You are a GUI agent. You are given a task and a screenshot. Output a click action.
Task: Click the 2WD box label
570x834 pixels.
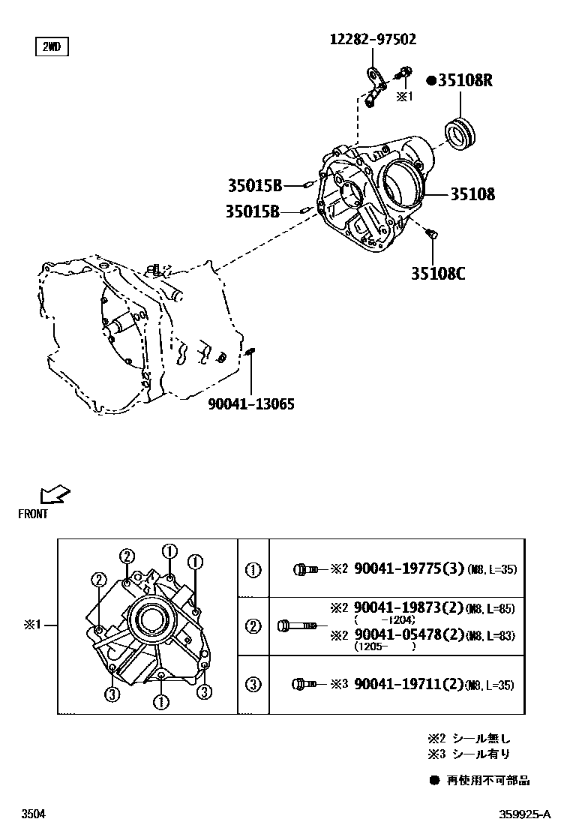51,47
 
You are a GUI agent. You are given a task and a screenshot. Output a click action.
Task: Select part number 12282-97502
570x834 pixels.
373,39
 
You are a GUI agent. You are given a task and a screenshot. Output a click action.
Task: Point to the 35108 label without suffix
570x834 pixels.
472,193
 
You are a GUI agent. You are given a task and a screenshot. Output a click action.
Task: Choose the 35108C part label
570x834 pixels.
437,274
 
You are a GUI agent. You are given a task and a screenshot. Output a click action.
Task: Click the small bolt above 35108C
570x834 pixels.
431,236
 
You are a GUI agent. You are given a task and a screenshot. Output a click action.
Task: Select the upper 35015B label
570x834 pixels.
255,184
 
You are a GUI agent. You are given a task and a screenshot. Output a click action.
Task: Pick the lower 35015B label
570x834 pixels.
252,212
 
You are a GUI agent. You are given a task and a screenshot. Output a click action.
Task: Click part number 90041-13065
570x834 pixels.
250,404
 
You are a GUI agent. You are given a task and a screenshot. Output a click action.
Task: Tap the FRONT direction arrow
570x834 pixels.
55,494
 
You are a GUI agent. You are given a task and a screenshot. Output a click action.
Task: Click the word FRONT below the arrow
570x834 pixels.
33,514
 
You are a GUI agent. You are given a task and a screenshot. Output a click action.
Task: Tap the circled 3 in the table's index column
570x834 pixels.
253,684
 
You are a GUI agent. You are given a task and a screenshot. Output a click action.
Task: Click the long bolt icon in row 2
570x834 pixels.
297,625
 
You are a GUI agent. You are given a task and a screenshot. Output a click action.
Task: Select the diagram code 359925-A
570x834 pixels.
525,814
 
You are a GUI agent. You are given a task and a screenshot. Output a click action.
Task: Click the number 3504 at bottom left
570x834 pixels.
33,814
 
